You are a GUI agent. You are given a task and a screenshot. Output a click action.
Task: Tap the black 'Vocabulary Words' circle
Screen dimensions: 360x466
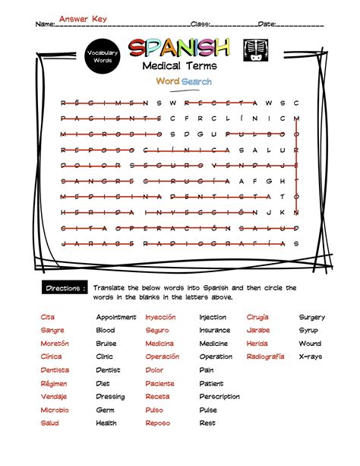[x=102, y=55]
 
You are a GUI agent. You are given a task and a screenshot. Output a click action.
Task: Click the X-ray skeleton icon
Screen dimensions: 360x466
[x=251, y=50]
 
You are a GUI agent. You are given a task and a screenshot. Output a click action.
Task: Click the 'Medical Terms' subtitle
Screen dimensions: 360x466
[x=179, y=67]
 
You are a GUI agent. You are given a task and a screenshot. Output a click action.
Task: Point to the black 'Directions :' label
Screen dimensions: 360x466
[x=64, y=289]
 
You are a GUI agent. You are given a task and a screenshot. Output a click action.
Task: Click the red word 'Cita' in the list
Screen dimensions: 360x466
[x=48, y=317]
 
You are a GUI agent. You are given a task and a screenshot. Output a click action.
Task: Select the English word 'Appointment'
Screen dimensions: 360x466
[x=116, y=317]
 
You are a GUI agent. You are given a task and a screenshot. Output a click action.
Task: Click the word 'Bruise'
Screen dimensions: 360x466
[x=106, y=344]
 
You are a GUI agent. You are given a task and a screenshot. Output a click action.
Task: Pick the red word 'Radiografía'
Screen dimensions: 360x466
[x=265, y=357]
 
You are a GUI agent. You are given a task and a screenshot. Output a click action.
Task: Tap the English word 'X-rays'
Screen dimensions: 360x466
[x=310, y=357]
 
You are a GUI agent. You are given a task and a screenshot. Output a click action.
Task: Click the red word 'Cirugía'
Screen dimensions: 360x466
[x=257, y=317]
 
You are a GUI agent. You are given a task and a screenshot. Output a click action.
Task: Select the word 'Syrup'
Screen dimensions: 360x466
[x=308, y=331]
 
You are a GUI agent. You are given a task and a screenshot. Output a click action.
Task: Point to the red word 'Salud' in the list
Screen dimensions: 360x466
[x=50, y=423]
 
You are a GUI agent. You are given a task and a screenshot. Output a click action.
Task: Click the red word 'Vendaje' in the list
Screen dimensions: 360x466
[x=53, y=396]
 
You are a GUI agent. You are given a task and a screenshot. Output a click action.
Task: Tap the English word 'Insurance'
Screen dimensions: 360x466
[x=214, y=331]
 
